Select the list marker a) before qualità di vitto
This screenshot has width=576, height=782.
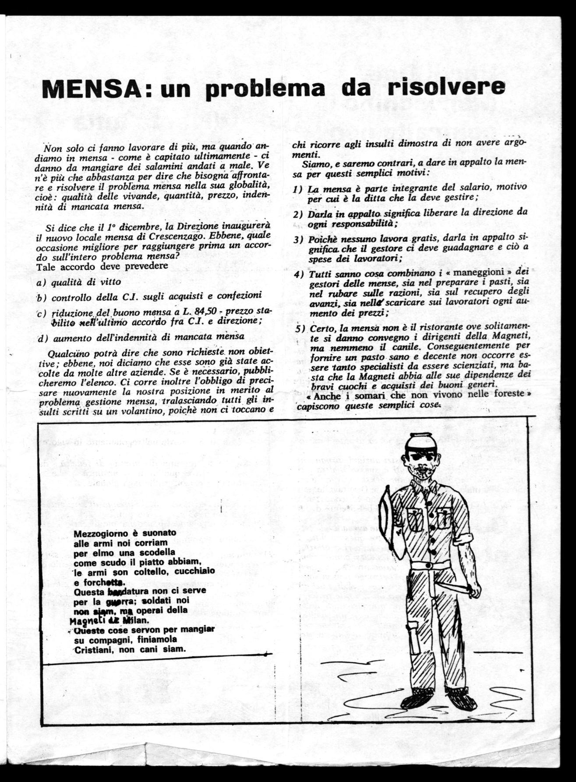click(42, 283)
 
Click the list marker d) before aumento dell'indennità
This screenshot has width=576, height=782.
click(42, 338)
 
